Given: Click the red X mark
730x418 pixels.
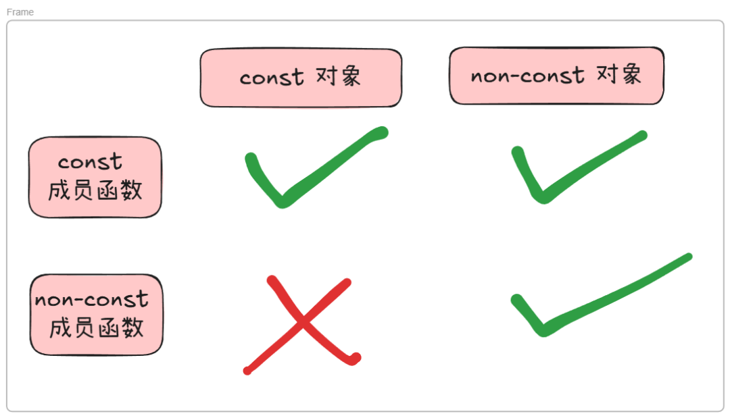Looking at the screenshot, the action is [301, 323].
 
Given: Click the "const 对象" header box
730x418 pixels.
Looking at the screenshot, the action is [301, 78].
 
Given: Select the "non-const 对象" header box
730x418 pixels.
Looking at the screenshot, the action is [556, 76].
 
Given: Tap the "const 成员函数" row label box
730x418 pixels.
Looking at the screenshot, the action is [95, 178].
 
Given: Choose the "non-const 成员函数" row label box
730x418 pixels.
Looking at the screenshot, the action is [97, 315].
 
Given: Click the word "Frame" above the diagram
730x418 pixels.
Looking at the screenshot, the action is [20, 12].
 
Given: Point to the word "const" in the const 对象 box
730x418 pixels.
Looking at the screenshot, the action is [272, 78].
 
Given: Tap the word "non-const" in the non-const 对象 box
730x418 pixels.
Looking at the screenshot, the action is [527, 76].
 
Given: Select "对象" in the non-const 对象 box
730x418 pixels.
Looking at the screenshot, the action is [619, 74].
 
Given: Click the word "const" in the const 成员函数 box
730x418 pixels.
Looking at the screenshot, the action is [90, 163].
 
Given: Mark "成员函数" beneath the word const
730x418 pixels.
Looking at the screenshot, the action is [95, 191].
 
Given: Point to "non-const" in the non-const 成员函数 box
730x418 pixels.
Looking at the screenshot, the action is [91, 299].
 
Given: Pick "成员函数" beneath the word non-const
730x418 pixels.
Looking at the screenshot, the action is [97, 328].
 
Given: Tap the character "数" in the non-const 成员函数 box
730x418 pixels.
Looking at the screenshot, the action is [132, 328].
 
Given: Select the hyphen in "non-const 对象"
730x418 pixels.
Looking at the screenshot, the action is [519, 76].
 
